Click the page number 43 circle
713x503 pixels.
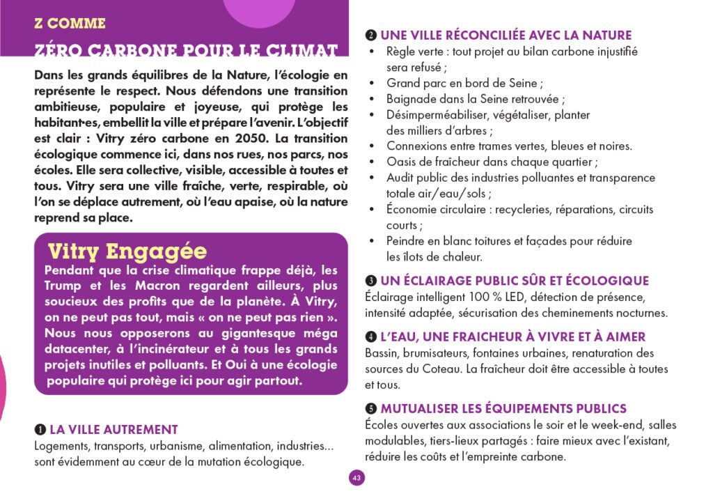[356, 478]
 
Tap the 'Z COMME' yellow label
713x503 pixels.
[70, 24]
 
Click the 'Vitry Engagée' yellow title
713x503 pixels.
[127, 251]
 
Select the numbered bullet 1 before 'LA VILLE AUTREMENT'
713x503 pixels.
[40, 430]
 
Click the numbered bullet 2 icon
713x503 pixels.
[371, 36]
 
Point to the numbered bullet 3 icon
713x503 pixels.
[371, 281]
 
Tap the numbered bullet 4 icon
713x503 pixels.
[371, 337]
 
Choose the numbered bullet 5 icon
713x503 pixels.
[371, 409]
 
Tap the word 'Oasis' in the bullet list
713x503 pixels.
[402, 162]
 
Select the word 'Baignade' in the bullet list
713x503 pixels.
[410, 99]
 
